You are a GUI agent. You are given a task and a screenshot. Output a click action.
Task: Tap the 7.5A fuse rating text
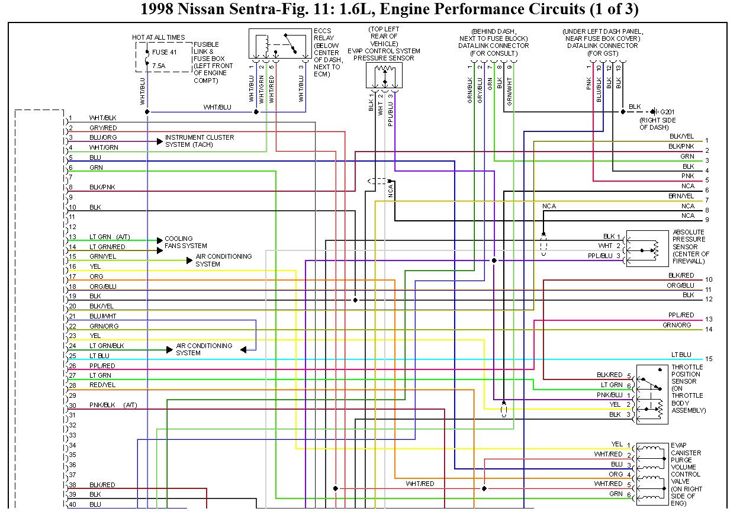159,65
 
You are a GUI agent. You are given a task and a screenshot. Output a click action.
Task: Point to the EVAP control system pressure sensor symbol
384,75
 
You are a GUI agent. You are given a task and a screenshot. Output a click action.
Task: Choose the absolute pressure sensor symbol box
647,248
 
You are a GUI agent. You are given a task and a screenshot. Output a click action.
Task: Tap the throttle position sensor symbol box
652,394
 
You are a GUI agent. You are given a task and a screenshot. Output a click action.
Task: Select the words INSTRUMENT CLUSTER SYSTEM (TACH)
199,141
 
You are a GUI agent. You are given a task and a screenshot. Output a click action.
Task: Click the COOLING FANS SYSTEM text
185,242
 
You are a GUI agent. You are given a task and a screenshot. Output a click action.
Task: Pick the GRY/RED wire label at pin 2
103,128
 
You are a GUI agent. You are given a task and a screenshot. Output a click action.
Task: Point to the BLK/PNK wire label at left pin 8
102,187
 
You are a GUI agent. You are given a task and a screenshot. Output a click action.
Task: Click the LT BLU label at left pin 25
99,356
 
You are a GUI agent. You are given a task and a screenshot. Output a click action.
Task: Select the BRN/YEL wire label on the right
681,196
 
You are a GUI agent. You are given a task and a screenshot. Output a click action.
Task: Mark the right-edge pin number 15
709,359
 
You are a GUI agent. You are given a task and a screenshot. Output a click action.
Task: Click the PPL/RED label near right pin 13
681,316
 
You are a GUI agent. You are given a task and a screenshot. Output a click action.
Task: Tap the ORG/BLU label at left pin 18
103,287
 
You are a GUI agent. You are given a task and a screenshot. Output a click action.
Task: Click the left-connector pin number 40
72,504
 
